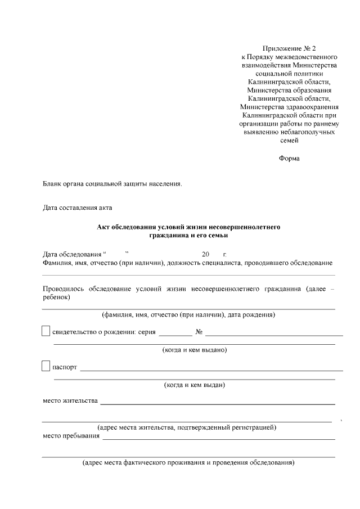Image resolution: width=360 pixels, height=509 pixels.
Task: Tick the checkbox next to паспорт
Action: coord(46,367)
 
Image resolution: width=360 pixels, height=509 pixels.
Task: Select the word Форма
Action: coord(289,159)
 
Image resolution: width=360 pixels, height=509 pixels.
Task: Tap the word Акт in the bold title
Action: coord(104,227)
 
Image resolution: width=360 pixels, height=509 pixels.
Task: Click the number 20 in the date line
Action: coord(205,254)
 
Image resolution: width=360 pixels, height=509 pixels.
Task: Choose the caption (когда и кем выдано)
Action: coord(194,350)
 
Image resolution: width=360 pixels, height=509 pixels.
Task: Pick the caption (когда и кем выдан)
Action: coord(194,385)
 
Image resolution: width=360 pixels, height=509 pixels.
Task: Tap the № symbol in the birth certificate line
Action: coord(199,332)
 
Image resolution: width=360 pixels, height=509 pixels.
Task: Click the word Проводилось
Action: coord(67,289)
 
